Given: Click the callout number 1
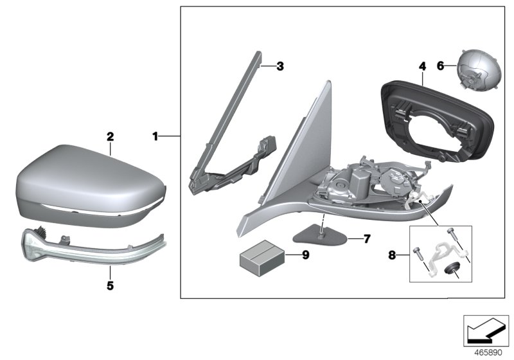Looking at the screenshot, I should click(155, 136).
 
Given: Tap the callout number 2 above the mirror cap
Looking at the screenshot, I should click(110, 136).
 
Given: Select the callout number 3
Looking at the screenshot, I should click(279, 66).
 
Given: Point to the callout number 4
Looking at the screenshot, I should click(422, 66).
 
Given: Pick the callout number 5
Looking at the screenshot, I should click(110, 283).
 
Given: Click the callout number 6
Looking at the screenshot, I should click(440, 66).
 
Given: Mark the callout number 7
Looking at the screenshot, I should click(367, 239).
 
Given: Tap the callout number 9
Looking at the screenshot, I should click(306, 255).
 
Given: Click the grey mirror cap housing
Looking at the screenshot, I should click(90, 183).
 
